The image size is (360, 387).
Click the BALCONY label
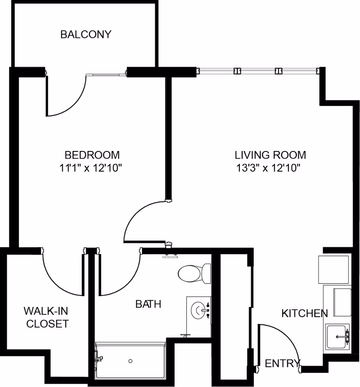85,34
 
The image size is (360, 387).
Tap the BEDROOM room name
92,155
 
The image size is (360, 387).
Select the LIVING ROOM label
270,155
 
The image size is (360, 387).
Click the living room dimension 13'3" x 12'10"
268,168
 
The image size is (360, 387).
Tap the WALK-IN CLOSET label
46,317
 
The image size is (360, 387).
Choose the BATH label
148,304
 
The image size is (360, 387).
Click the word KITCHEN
305,313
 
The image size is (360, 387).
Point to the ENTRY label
282,364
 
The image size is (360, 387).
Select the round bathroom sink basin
199,310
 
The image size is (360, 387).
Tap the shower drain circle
130,361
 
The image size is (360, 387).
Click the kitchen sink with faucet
337,336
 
